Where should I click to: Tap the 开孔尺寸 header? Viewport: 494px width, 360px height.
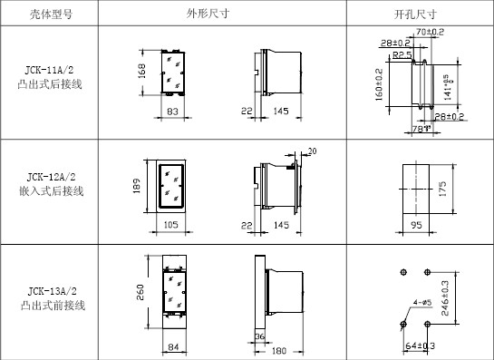(416, 14)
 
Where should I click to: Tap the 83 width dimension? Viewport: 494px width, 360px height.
(174, 111)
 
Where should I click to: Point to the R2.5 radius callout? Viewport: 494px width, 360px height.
(402, 54)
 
